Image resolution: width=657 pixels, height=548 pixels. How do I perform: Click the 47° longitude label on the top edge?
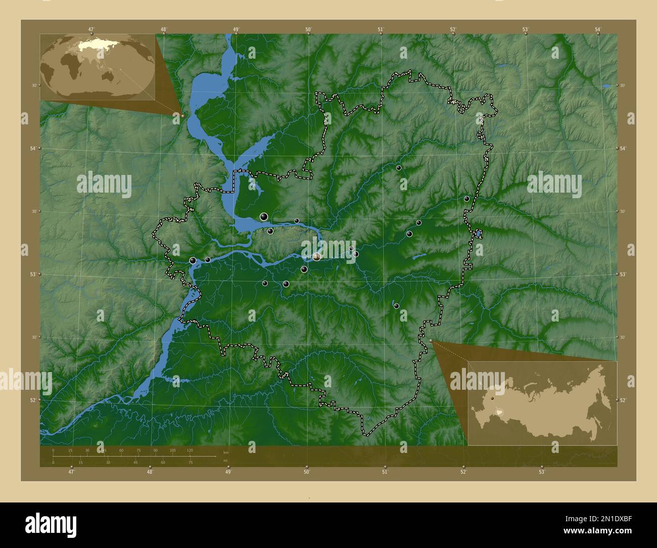coord(91,29)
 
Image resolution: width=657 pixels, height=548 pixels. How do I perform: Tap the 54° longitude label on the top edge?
coord(598,29)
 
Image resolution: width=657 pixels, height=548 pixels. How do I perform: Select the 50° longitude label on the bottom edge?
coord(306,472)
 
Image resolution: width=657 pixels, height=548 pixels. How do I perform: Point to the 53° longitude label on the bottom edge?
coord(542,472)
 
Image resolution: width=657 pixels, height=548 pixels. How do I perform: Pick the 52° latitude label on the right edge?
coord(623,400)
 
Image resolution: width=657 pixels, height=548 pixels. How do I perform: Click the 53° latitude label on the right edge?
coord(623,274)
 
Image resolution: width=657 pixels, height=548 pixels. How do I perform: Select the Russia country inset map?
coord(542,403)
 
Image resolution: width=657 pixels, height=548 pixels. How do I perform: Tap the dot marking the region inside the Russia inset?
coord(492,399)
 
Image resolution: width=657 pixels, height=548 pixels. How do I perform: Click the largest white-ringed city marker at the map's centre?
coord(316,257)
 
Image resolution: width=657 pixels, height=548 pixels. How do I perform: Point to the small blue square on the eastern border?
coord(478,233)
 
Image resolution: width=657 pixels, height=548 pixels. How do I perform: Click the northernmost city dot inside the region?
coord(399,168)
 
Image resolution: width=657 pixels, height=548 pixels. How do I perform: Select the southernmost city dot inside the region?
coord(396,306)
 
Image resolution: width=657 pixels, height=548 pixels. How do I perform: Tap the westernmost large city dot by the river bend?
coord(193,260)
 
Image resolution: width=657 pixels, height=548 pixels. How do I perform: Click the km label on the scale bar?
coord(226,452)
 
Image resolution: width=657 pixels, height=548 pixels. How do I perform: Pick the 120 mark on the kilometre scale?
coord(190,450)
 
